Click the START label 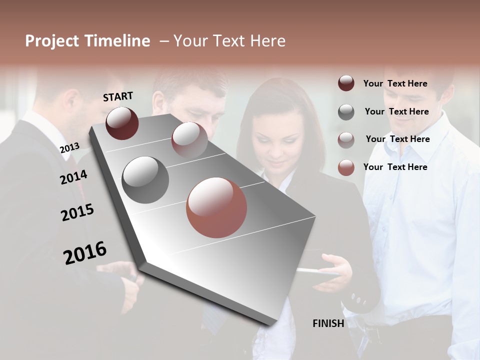pyautogui.click(x=118, y=96)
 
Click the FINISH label pyautogui.click(x=328, y=323)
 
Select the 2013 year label pyautogui.click(x=69, y=147)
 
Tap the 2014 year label pyautogui.click(x=73, y=177)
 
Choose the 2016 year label pyautogui.click(x=85, y=252)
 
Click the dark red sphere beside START pyautogui.click(x=122, y=123)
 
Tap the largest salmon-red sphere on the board pyautogui.click(x=216, y=207)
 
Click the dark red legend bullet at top pyautogui.click(x=346, y=83)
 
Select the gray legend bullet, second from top pyautogui.click(x=346, y=112)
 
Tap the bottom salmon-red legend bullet pyautogui.click(x=346, y=167)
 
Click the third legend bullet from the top pyautogui.click(x=346, y=140)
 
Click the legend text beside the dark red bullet pyautogui.click(x=395, y=83)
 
